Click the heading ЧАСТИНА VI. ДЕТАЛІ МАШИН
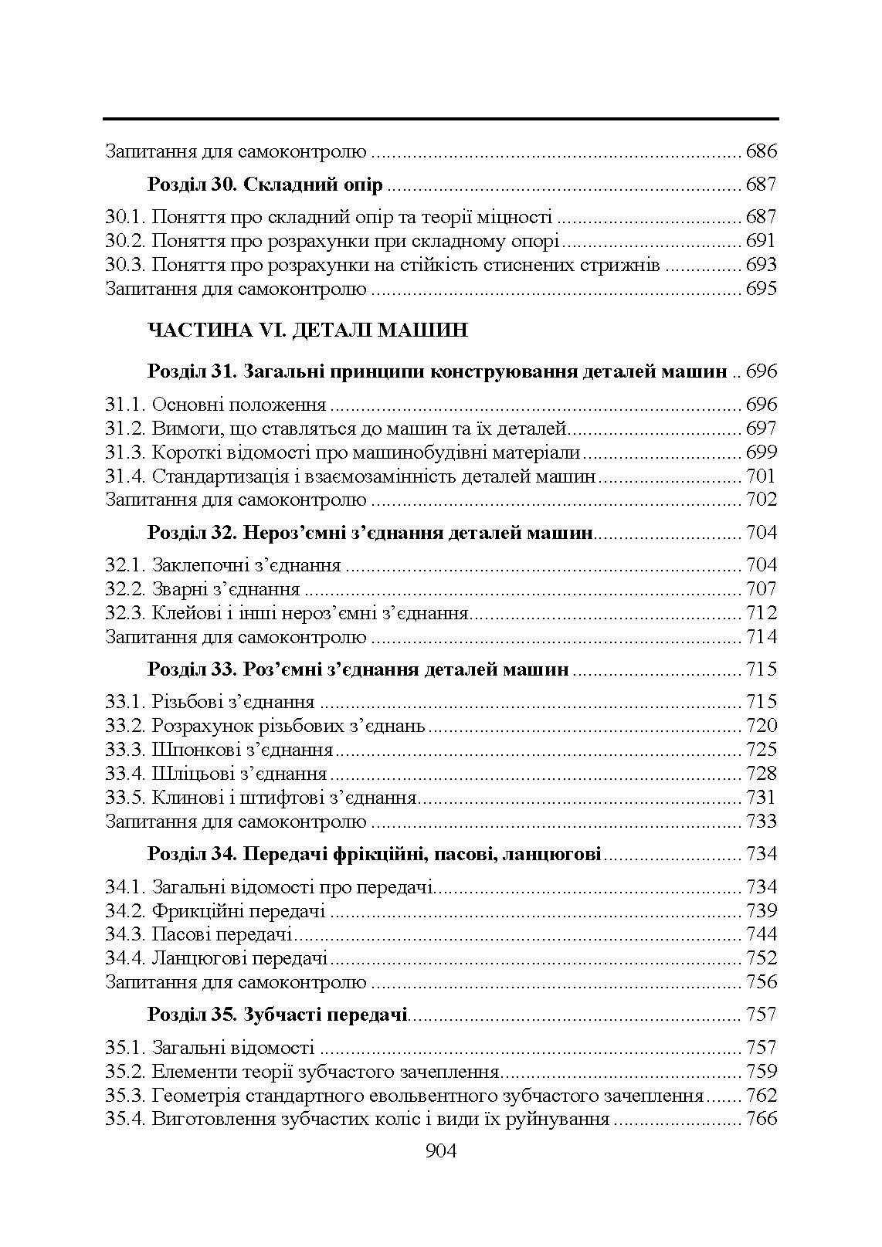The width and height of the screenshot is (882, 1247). point(307,331)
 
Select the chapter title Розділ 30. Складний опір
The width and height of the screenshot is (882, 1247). point(265,185)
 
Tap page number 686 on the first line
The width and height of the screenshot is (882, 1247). point(761,151)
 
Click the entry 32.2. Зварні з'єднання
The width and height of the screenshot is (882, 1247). point(202,589)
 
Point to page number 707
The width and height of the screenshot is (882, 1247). point(761,589)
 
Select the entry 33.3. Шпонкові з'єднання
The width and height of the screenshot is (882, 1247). point(219,750)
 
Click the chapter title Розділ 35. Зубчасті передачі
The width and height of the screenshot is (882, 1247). point(277,1015)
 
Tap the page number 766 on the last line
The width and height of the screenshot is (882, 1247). point(761,1119)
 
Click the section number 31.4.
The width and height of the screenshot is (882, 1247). point(125,476)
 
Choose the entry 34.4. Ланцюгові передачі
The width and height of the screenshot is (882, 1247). point(216,958)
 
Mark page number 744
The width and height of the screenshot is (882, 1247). point(761,934)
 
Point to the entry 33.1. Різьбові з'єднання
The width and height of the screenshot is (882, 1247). point(209,702)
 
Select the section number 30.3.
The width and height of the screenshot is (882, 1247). point(125,266)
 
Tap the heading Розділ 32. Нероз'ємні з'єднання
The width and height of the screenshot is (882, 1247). point(370,533)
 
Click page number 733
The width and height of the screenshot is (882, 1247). point(761,822)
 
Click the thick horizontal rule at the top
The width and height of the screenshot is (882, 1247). point(440,119)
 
